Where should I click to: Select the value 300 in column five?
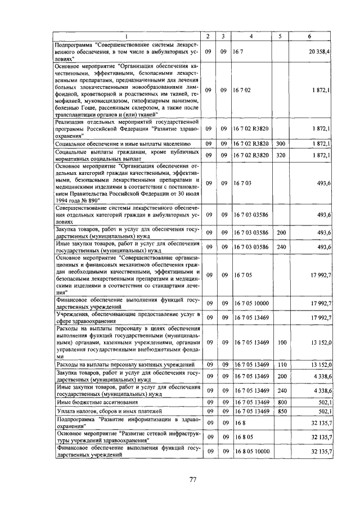coord(281,144)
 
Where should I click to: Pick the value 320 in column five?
coord(281,155)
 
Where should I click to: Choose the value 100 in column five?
coord(281,342)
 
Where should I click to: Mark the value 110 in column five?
coord(281,366)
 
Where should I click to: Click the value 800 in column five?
coord(281,403)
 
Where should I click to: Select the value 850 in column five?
coord(281,412)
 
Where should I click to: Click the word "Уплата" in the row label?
coord(66,412)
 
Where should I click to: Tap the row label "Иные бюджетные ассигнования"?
coord(93,403)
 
